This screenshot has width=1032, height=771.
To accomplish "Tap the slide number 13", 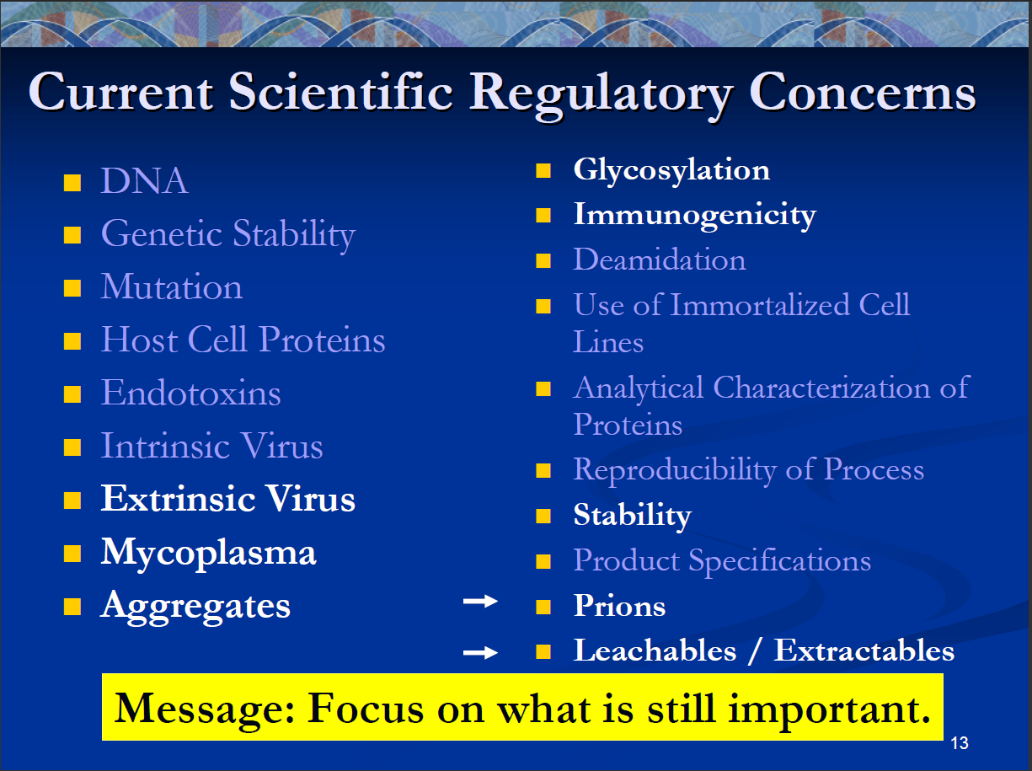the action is pyautogui.click(x=959, y=743).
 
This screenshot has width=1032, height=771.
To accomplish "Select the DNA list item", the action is pyautogui.click(x=144, y=181).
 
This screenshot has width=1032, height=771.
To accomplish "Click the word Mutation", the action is pyautogui.click(x=172, y=286).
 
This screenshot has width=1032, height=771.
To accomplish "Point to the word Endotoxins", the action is pyautogui.click(x=191, y=393).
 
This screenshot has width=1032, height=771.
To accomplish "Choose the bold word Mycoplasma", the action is pyautogui.click(x=209, y=554).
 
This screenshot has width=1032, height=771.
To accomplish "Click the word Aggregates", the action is pyautogui.click(x=195, y=607).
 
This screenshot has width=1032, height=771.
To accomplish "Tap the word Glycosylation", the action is pyautogui.click(x=671, y=171).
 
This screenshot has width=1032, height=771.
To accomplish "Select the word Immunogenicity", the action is pyautogui.click(x=695, y=216).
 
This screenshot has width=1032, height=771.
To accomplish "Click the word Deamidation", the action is pyautogui.click(x=660, y=259).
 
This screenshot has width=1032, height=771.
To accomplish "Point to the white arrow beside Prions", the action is pyautogui.click(x=480, y=601).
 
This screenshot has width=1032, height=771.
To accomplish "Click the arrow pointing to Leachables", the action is pyautogui.click(x=480, y=652).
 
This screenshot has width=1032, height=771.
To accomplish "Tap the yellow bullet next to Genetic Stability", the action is pyautogui.click(x=72, y=234).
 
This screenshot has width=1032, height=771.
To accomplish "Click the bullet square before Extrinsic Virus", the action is pyautogui.click(x=72, y=501).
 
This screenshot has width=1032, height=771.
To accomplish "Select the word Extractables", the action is pyautogui.click(x=864, y=651).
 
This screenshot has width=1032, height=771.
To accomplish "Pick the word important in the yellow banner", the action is pyautogui.click(x=829, y=709).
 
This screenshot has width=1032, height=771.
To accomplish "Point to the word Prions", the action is pyautogui.click(x=620, y=605).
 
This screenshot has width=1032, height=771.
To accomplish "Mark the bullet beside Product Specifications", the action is pyautogui.click(x=543, y=561).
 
